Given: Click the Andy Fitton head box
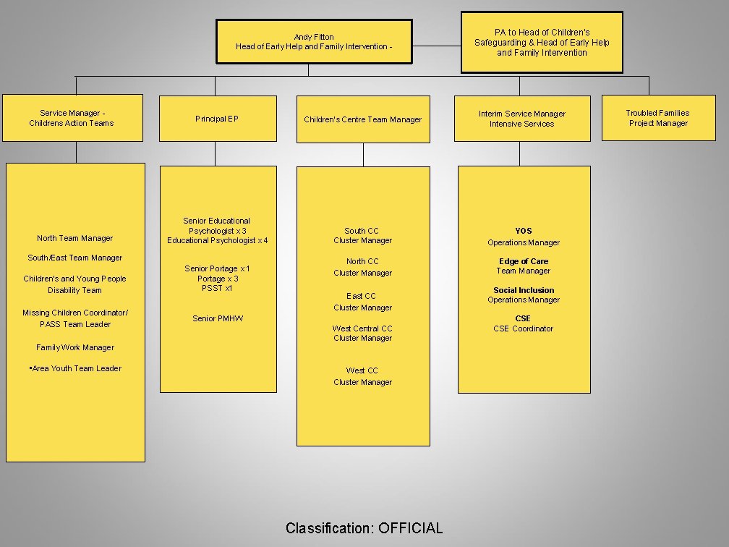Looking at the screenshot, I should click(x=314, y=42).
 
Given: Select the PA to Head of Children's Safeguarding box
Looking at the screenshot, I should click(x=542, y=42).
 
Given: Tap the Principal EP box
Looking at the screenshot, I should click(x=218, y=119).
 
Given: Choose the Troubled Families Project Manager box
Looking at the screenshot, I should click(x=657, y=118).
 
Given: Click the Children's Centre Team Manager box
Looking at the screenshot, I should click(x=362, y=119).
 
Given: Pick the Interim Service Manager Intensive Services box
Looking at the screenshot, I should click(x=521, y=119).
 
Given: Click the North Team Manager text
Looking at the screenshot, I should click(x=75, y=238).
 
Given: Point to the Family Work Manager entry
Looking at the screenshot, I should click(x=75, y=347).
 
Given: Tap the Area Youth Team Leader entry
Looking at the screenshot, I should click(x=76, y=368).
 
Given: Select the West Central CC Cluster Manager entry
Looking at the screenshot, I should click(x=362, y=333).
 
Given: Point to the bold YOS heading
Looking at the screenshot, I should click(x=524, y=231).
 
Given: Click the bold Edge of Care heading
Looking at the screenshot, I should click(x=524, y=261).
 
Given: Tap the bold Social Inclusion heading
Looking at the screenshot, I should click(x=524, y=290).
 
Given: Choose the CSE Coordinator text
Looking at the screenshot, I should click(x=524, y=328).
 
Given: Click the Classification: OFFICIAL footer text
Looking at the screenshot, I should click(x=364, y=528).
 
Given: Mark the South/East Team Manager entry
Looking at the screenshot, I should click(x=75, y=258).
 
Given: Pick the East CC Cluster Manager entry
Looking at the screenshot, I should click(x=362, y=302).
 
